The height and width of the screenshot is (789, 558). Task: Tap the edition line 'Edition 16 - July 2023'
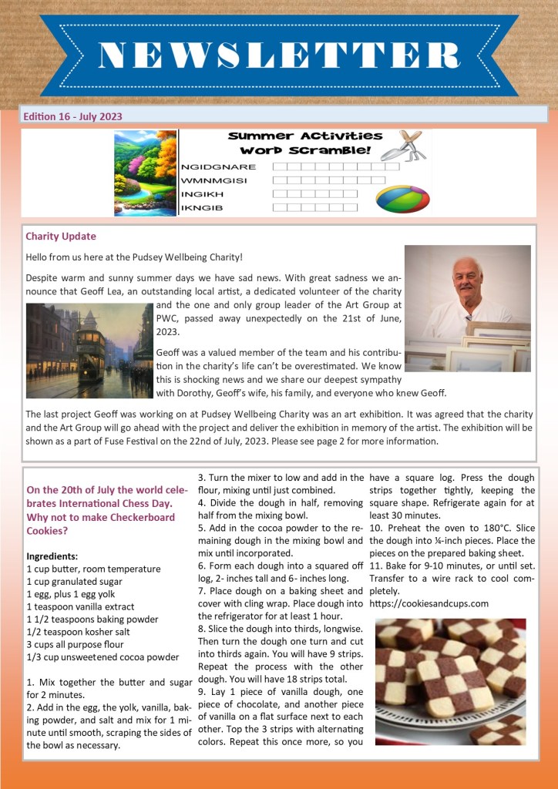click(x=73, y=116)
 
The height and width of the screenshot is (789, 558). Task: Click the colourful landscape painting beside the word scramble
click(x=145, y=172)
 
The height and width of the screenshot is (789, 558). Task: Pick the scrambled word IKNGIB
click(x=201, y=207)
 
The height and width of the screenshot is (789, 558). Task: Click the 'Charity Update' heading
click(x=61, y=236)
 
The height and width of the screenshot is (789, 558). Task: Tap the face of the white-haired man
click(x=468, y=282)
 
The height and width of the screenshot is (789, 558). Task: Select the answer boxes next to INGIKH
click(x=315, y=193)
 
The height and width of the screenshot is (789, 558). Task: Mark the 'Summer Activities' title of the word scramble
click(x=305, y=136)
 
